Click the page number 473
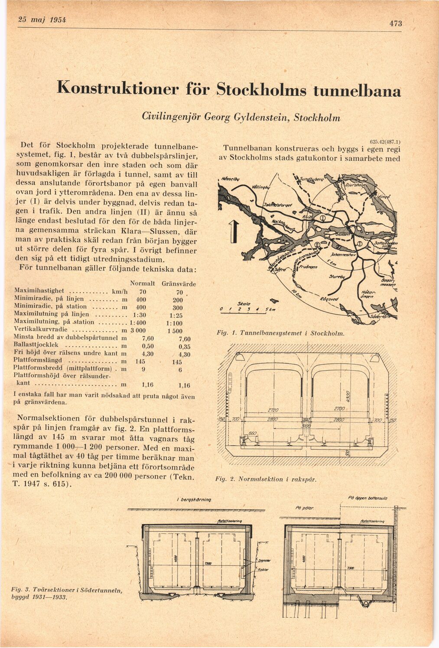[396, 23]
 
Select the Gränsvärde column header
[179, 284]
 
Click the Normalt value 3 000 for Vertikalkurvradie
[137, 330]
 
